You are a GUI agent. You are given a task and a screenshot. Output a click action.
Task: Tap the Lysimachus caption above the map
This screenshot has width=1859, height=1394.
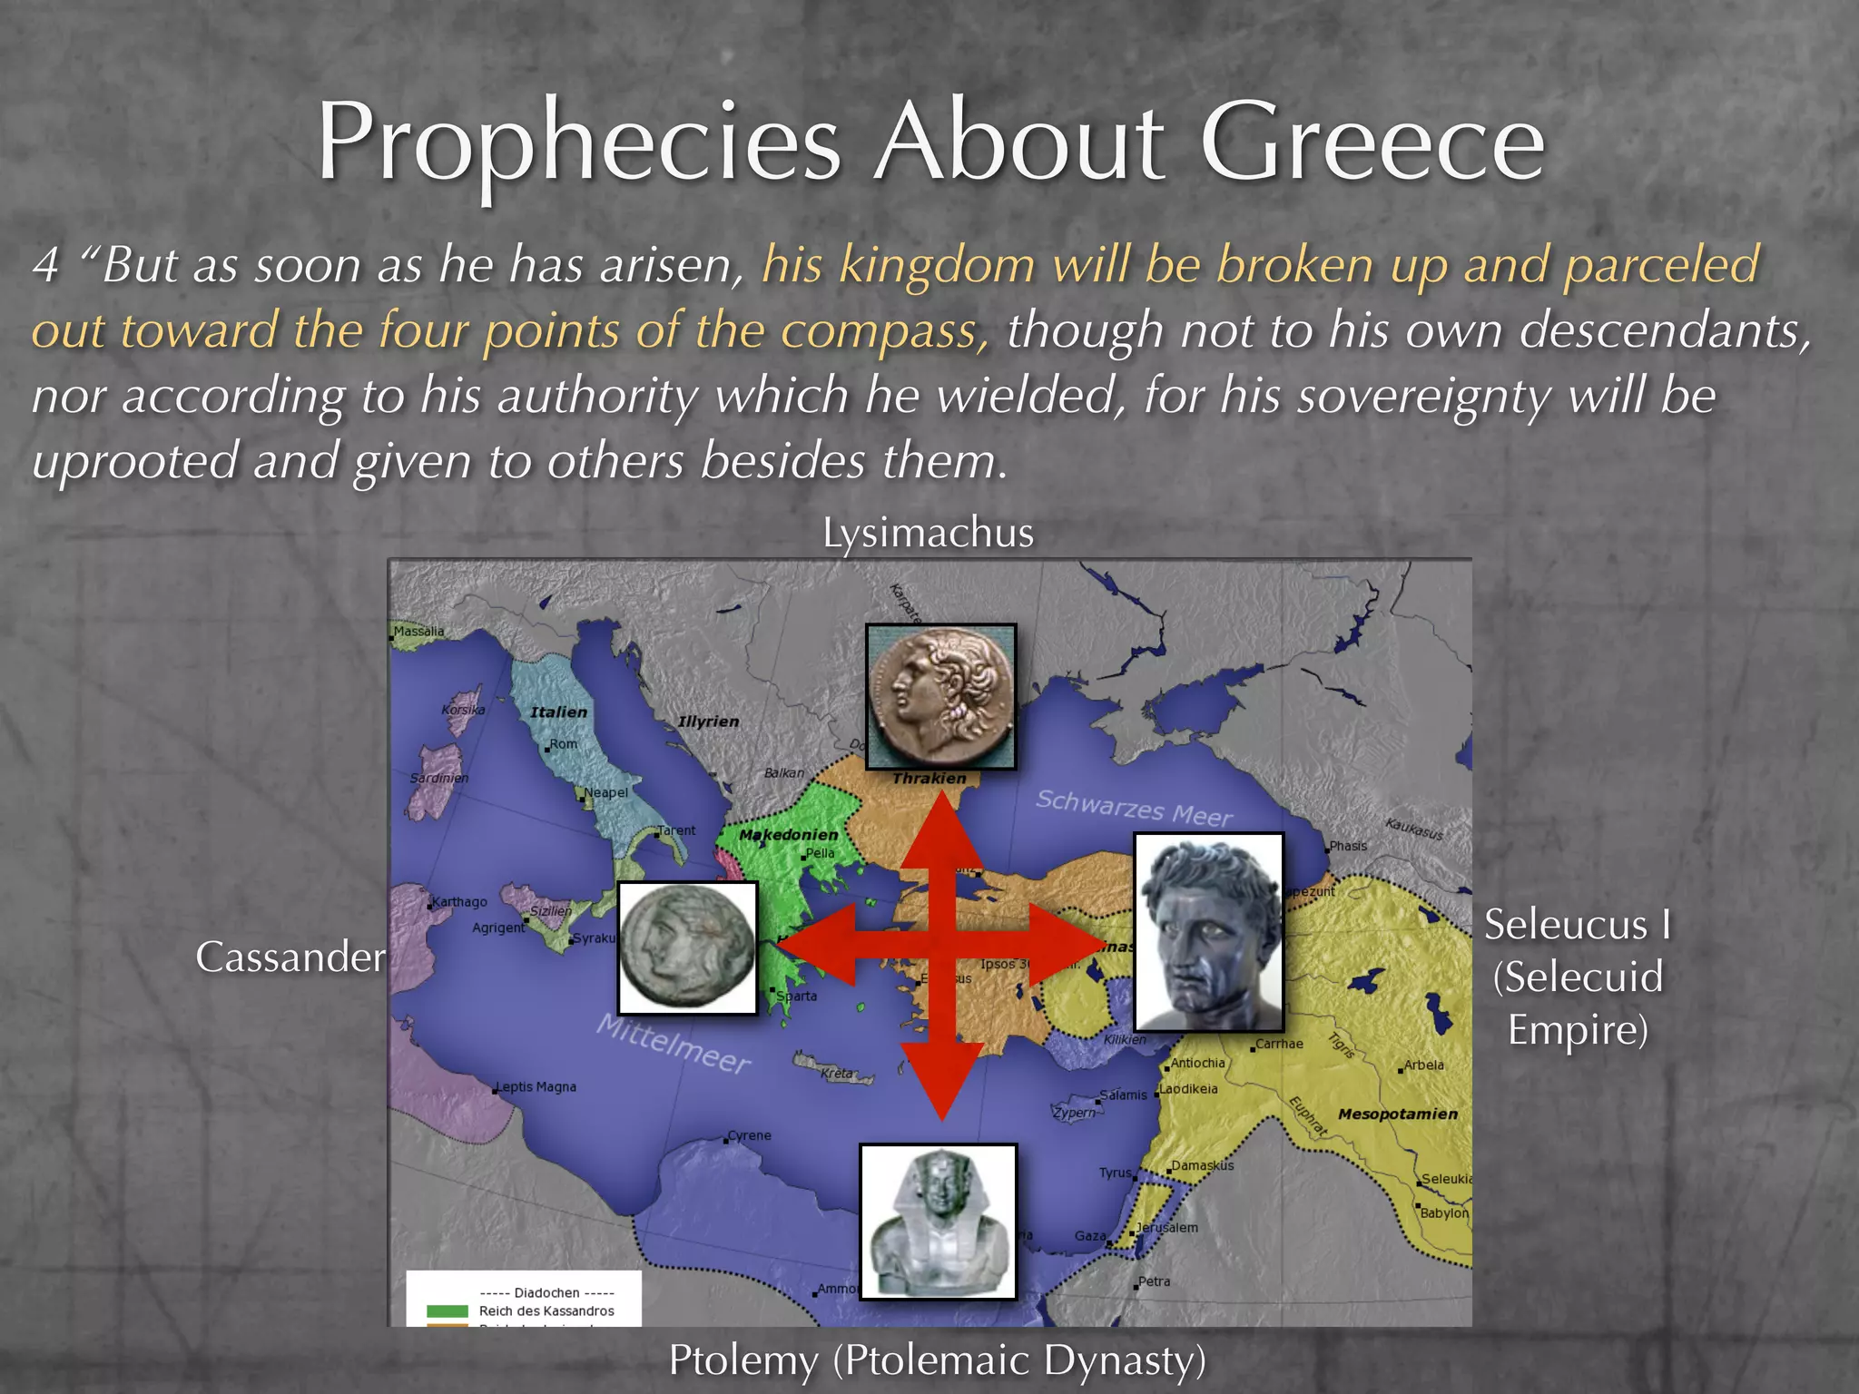click(928, 533)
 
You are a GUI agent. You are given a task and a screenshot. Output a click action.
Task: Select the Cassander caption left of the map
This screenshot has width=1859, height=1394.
click(290, 957)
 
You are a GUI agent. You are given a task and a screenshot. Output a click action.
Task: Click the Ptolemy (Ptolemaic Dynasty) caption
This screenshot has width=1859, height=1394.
click(937, 1360)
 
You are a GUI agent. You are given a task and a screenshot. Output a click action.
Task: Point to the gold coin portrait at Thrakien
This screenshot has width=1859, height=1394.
click(940, 695)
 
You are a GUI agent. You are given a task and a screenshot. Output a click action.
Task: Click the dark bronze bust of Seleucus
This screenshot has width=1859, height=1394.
click(1208, 931)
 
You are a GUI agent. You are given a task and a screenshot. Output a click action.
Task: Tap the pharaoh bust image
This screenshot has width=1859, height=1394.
click(939, 1221)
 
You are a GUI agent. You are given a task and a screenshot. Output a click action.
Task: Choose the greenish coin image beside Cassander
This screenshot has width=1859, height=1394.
click(687, 947)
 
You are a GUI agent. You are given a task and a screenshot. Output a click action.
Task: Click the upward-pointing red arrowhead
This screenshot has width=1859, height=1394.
click(942, 830)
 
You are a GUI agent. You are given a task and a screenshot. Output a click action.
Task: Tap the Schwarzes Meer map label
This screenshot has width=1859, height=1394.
click(1134, 808)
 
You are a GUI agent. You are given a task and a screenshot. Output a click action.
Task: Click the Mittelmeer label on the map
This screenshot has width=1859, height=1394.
click(673, 1044)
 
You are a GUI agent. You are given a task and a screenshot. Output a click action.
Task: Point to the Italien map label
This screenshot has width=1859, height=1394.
click(558, 712)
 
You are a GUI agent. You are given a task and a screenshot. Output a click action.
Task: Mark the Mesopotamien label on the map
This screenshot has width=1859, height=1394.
click(1397, 1114)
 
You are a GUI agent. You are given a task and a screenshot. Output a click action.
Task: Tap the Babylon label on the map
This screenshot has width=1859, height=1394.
click(1443, 1213)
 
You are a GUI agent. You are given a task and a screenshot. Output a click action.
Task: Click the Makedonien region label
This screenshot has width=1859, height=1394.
click(788, 835)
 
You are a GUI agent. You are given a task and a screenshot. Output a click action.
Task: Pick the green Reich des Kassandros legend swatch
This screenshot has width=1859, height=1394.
click(447, 1311)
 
